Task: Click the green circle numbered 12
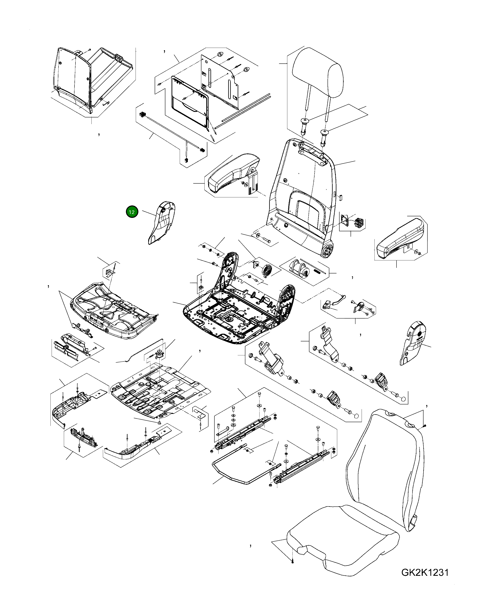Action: [x=132, y=212]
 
